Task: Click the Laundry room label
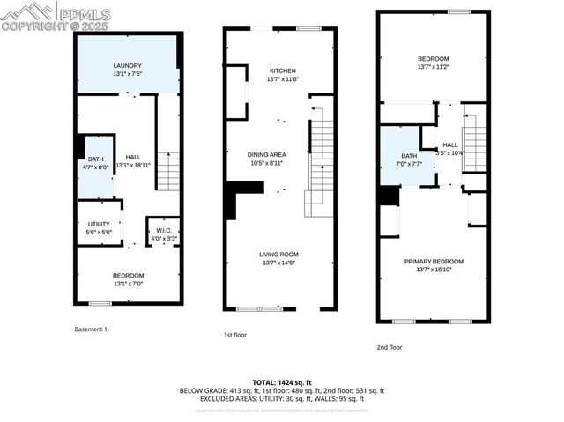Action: tap(128, 70)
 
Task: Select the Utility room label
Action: tap(99, 226)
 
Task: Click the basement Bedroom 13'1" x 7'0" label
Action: tap(128, 280)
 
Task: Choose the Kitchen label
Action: tap(282, 75)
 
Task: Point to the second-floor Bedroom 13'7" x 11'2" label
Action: tap(434, 63)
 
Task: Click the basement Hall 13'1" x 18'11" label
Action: tap(132, 160)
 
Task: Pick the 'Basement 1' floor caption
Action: tap(91, 329)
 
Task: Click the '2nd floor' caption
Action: tap(389, 347)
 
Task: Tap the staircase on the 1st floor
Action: tap(321, 159)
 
